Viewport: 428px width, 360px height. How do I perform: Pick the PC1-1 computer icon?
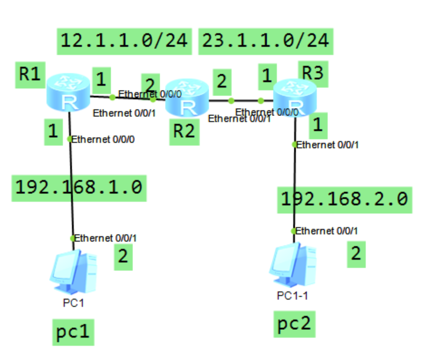click(293, 266)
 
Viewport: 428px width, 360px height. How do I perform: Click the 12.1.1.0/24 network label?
click(125, 40)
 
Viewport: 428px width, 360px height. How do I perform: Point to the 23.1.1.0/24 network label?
click(265, 40)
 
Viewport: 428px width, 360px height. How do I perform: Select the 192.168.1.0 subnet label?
click(78, 187)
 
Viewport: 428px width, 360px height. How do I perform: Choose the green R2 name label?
click(183, 131)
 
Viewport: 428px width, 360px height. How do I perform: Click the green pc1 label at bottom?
click(73, 331)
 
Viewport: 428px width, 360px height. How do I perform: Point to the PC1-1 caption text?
click(293, 295)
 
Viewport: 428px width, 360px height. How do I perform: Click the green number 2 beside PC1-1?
click(355, 254)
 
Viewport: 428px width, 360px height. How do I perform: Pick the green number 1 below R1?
click(54, 132)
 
